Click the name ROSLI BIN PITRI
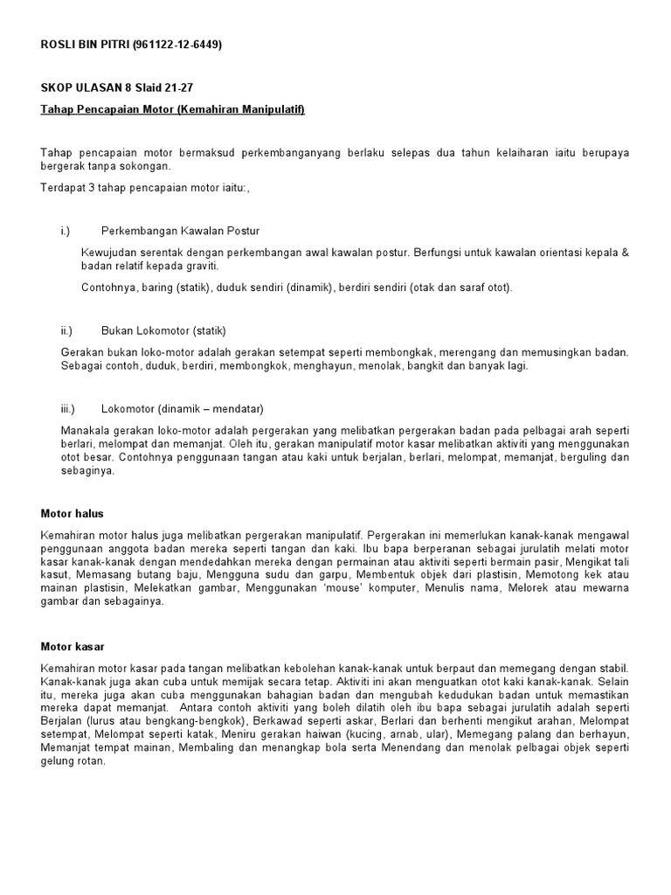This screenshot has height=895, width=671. (85, 44)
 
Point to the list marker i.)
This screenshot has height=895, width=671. (66, 231)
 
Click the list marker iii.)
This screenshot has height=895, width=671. (68, 408)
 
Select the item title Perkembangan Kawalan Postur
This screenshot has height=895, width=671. (180, 231)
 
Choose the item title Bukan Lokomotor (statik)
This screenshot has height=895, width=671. (163, 331)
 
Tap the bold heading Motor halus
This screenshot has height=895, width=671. (73, 513)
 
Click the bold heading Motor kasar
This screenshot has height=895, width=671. (73, 647)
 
